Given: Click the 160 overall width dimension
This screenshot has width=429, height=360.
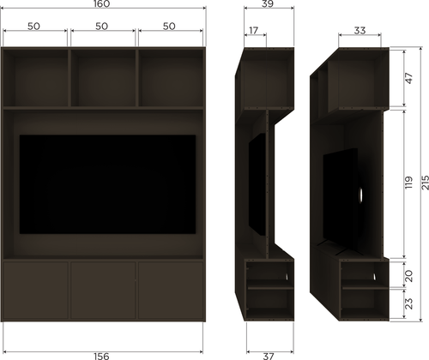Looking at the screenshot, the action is pos(101,3).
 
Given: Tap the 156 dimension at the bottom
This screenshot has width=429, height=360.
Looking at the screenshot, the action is pos(101,357).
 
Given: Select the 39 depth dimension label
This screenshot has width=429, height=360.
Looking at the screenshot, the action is pos(268,3).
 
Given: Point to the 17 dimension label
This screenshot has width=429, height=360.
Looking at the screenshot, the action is pos(253,30).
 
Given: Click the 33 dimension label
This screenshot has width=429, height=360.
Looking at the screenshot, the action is pos(360,30).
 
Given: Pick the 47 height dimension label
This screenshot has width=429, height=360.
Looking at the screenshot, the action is pos(409,78).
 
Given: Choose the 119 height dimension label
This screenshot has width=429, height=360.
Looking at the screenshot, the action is pos(409,183).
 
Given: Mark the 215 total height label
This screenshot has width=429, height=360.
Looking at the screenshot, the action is pos(426,183).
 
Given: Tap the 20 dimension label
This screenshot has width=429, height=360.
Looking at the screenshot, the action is pos(409,276).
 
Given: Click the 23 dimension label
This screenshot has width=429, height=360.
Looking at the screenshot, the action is pos(409,303).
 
